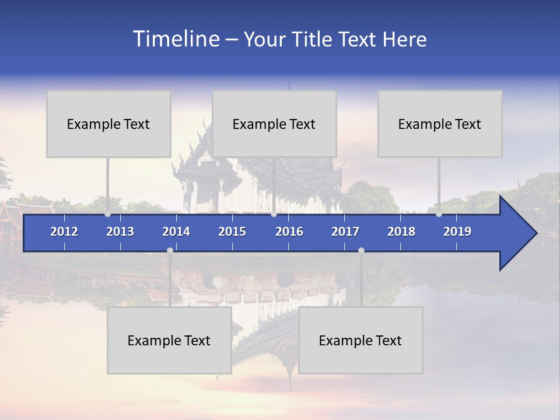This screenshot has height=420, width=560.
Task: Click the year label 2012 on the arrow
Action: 64,232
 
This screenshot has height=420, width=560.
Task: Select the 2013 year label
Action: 120,232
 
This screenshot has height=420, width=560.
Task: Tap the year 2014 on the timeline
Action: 176,232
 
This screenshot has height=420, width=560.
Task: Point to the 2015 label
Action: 232,232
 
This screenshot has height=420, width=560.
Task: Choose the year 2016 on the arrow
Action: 289,232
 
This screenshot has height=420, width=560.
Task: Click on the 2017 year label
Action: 345,232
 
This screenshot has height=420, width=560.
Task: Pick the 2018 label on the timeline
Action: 401,232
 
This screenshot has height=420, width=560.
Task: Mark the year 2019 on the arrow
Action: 457,232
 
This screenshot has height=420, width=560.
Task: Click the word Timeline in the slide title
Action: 176,39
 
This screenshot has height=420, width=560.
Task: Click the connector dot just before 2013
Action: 107,214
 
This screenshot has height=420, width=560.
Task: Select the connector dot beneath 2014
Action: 170,250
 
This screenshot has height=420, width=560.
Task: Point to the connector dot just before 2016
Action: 274,214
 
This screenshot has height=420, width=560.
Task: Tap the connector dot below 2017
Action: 361,250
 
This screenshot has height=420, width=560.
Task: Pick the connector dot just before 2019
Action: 439,214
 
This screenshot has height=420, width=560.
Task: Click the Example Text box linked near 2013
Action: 108,124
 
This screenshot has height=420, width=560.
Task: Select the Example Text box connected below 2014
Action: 169,340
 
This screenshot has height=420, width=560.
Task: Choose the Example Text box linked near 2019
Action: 440,124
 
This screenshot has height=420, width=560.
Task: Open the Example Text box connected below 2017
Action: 360,340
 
